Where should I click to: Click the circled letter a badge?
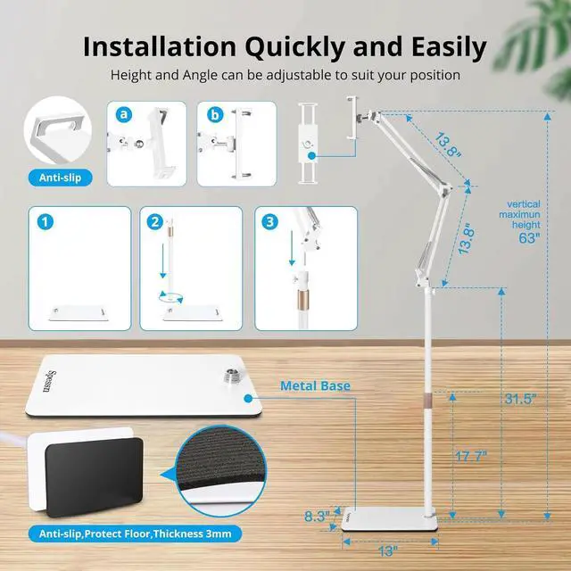(x=123, y=115)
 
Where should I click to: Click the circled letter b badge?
(x=213, y=115)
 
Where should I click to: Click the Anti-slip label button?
(x=60, y=177)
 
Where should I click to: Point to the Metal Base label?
(x=315, y=386)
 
